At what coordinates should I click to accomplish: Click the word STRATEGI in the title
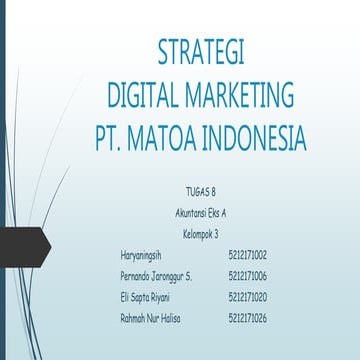201,52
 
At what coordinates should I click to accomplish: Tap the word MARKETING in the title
246,95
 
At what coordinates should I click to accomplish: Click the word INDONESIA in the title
272,137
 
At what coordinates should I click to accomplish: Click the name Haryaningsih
141,255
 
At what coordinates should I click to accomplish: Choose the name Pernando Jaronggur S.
155,275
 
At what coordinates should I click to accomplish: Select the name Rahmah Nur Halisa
150,317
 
